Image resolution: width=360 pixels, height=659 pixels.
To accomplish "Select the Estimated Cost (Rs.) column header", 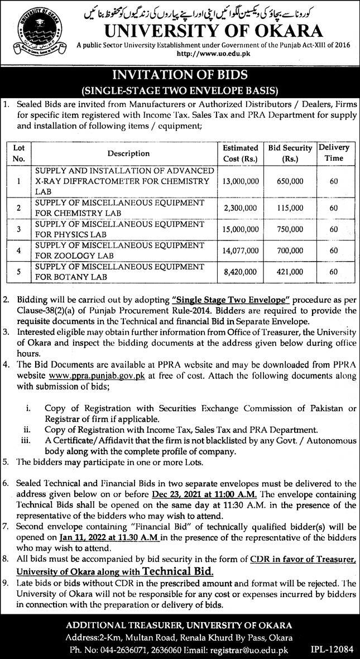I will coord(241,153).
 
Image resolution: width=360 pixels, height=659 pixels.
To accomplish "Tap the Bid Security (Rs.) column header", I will coord(289,153).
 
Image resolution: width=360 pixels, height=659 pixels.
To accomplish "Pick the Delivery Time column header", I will coord(334,153).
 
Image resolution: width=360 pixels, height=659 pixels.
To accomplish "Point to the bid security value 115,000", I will coord(289,208).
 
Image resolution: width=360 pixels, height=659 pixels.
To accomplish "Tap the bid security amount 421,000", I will coord(289,274).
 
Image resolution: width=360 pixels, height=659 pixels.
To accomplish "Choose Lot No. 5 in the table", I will coord(18,274).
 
